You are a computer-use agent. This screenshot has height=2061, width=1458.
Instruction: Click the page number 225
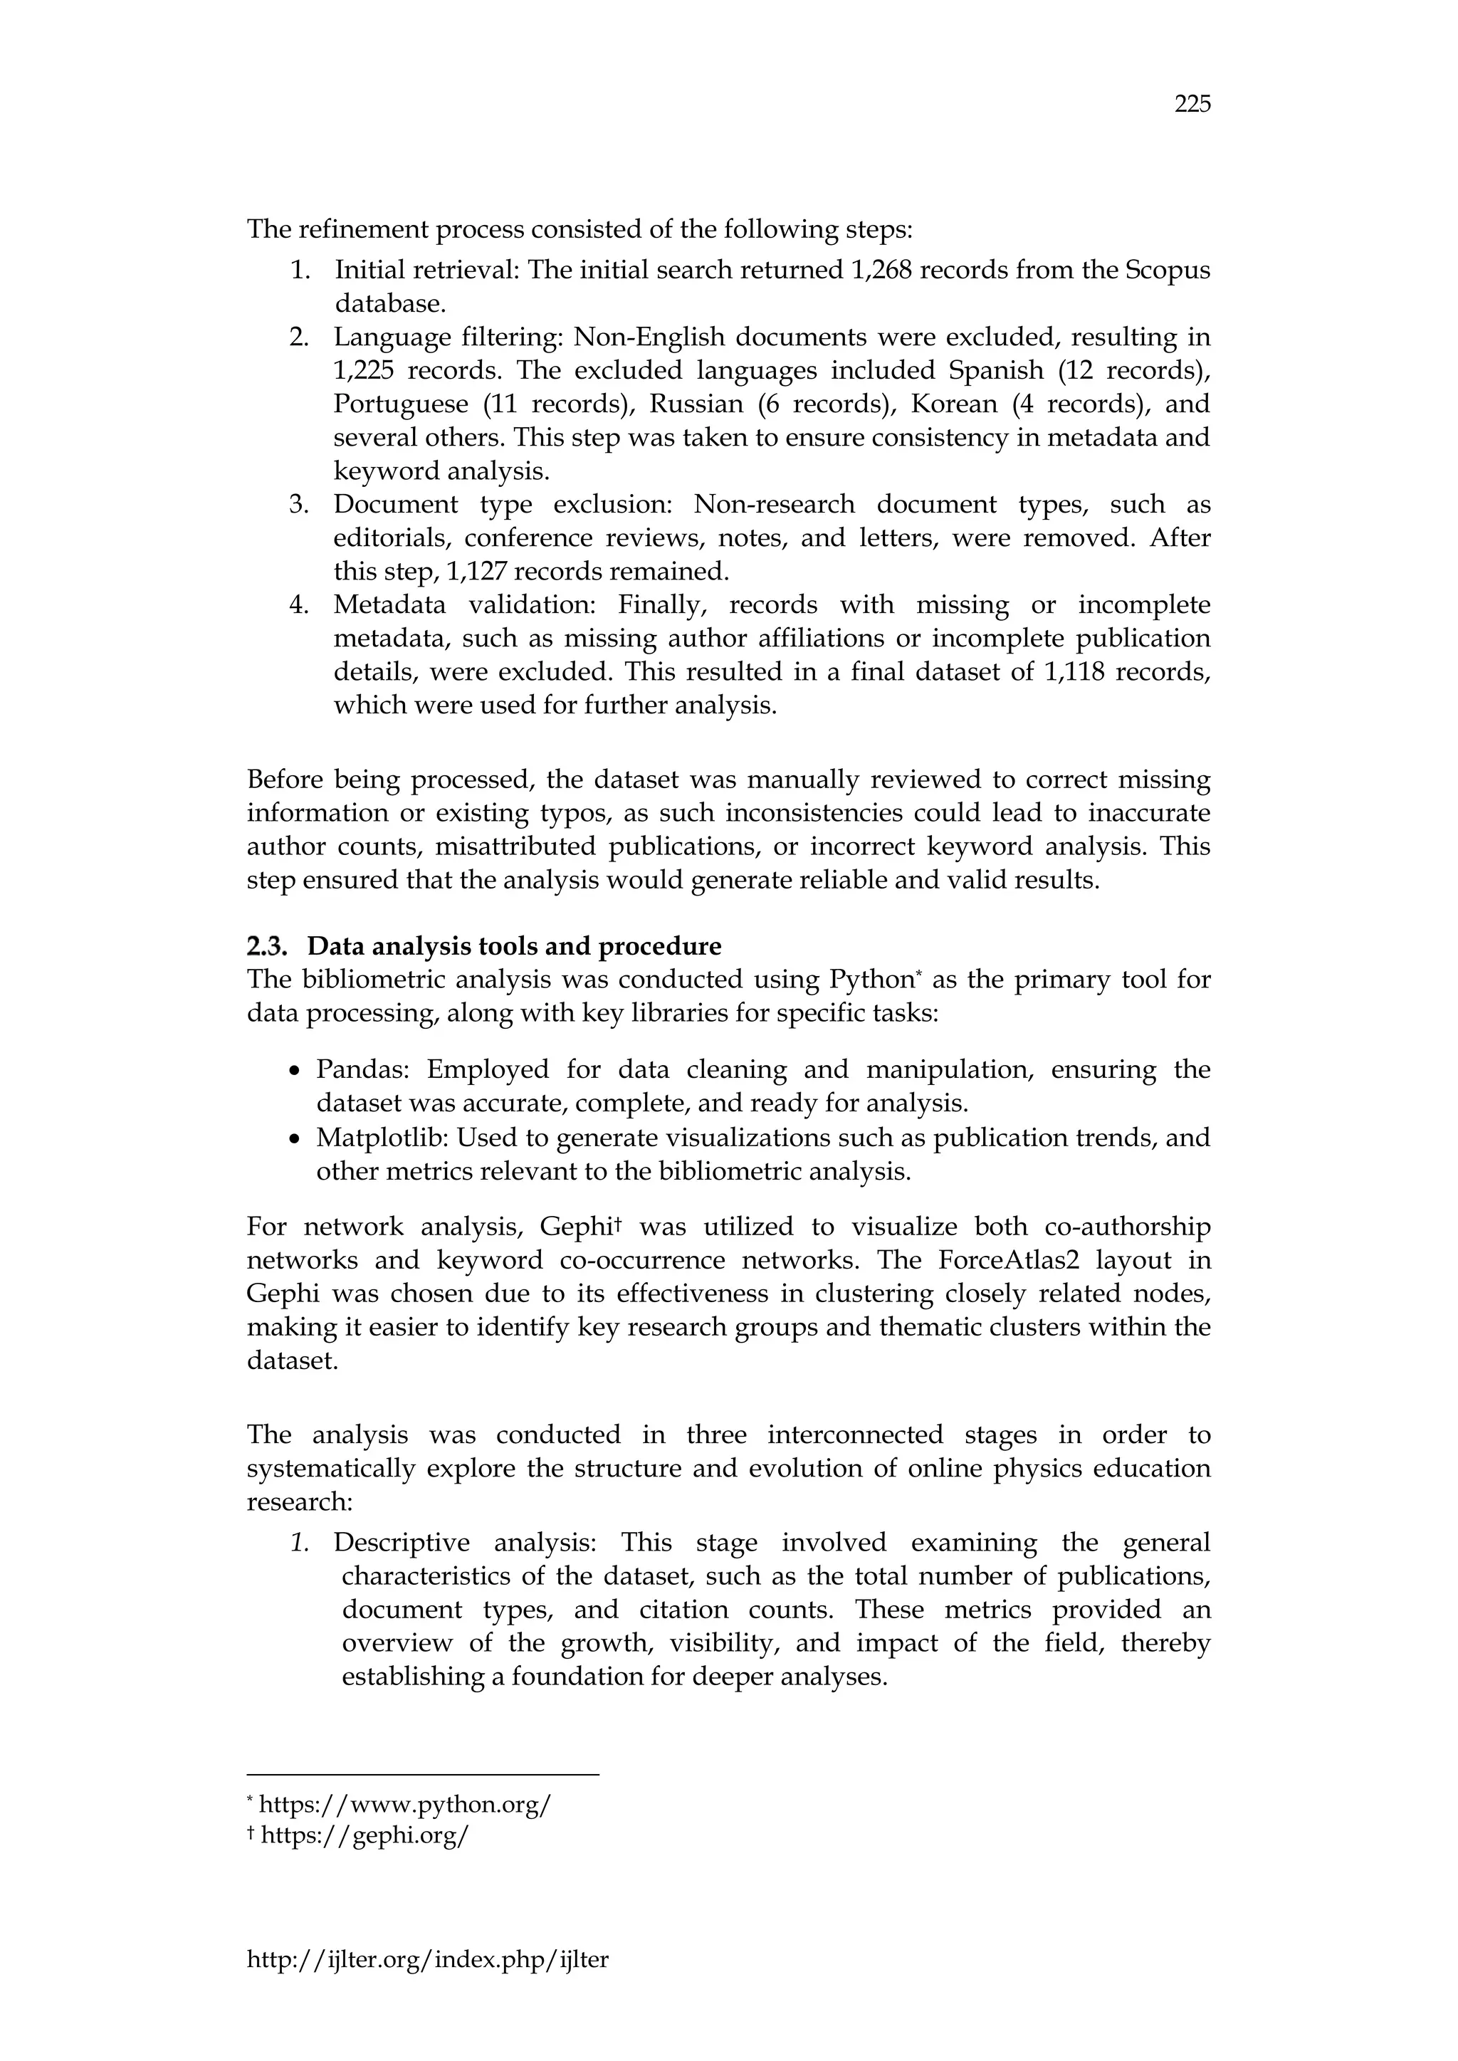pyautogui.click(x=1192, y=105)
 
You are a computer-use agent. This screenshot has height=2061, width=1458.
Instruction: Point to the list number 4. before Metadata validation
pyautogui.click(x=299, y=605)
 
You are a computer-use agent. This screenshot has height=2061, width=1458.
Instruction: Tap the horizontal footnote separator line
pyautogui.click(x=422, y=1775)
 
